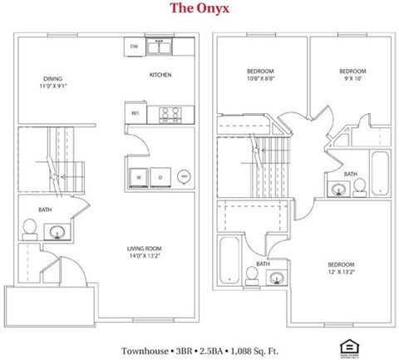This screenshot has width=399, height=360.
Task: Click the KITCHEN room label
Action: point(160,76)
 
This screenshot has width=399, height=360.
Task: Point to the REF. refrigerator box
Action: point(135,113)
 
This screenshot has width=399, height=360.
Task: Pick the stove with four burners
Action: point(170,113)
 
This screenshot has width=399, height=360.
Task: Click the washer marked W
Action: point(139,177)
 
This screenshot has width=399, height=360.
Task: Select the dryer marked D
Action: point(160,177)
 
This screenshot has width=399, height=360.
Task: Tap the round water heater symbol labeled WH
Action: point(183,176)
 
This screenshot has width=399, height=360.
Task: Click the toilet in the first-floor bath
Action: point(29,226)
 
